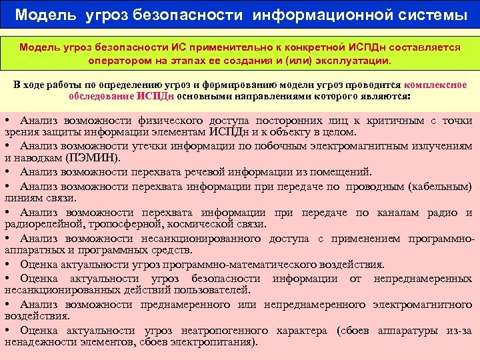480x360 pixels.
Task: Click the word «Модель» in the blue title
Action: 45,15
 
